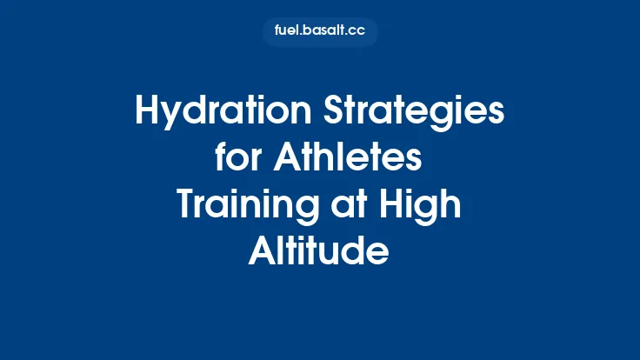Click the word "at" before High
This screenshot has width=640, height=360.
(x=362, y=206)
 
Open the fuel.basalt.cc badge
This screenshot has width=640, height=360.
(x=319, y=32)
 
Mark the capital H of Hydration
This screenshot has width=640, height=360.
(x=148, y=114)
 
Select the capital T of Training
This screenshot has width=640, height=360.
(x=186, y=206)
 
